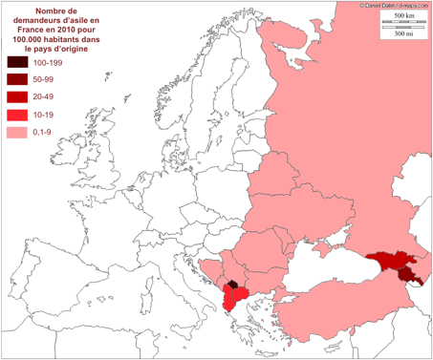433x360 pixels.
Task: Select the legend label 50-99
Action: click(x=44, y=79)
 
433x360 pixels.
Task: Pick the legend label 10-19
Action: click(x=44, y=115)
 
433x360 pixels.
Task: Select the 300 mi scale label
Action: click(x=404, y=34)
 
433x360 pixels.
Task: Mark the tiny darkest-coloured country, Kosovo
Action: click(x=233, y=285)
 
